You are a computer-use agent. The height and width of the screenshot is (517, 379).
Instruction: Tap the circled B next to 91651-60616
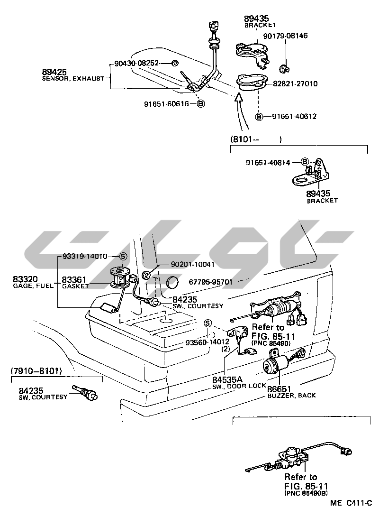[201, 104]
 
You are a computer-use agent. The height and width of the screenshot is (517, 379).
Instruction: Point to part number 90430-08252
[136, 63]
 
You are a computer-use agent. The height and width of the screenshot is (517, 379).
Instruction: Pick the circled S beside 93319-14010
[123, 256]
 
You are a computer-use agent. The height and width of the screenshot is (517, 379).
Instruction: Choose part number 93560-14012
[208, 342]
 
